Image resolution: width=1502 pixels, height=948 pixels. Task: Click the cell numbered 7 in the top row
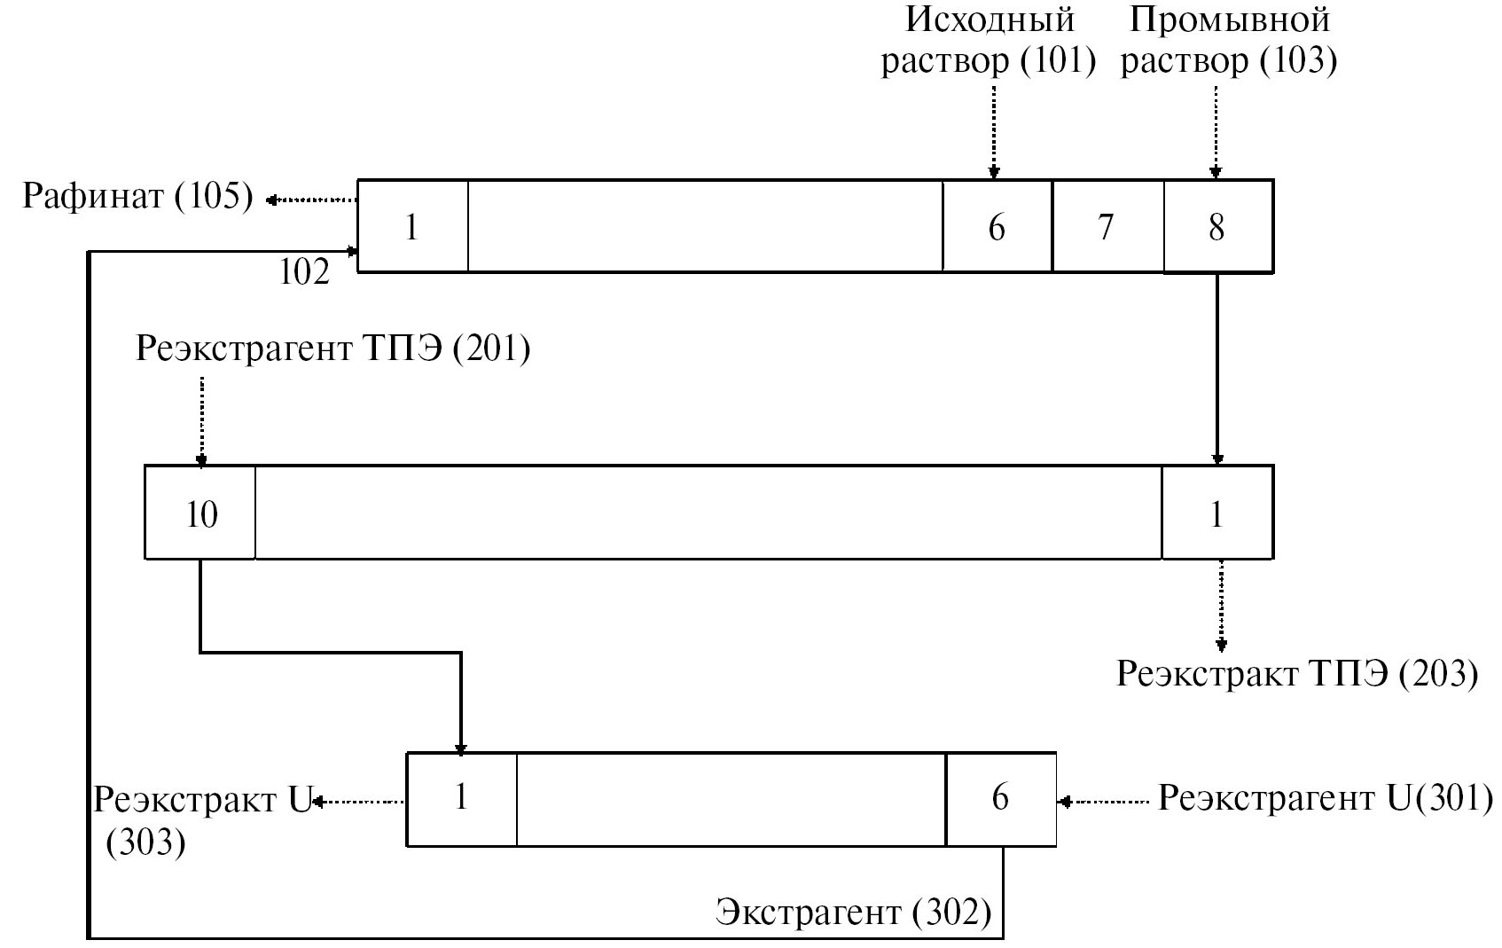(x=1107, y=227)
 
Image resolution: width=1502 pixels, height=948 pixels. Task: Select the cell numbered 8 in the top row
(x=1217, y=227)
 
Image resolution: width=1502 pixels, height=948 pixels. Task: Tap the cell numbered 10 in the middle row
(x=200, y=513)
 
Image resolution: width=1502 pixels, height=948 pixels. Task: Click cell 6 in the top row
(x=997, y=227)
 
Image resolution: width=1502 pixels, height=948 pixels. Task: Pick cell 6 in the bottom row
(x=1000, y=798)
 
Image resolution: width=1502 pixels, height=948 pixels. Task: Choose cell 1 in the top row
(x=411, y=227)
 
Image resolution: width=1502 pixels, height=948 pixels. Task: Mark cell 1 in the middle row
(x=1216, y=513)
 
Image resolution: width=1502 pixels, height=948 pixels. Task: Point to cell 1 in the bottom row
(x=461, y=798)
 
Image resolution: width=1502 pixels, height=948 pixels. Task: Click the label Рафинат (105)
(x=137, y=196)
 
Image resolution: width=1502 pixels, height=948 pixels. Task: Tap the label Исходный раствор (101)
(x=988, y=41)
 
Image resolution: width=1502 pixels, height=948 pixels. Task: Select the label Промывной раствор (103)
(x=1229, y=41)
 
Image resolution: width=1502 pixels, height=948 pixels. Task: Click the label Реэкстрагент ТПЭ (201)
(x=333, y=349)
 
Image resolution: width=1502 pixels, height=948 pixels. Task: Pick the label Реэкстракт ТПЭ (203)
(x=1296, y=674)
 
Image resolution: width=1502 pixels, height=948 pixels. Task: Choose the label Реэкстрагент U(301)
(x=1325, y=799)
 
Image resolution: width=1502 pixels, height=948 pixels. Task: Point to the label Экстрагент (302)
(x=853, y=912)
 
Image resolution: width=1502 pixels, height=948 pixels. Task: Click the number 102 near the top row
(x=304, y=272)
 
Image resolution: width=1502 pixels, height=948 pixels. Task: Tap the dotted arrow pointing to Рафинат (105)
(x=312, y=200)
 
